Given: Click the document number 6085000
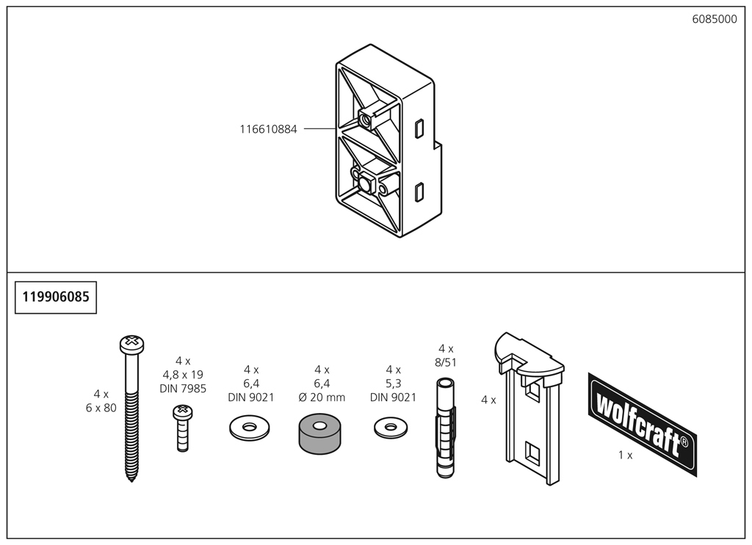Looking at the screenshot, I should click(714, 20).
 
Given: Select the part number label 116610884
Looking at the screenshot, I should click(268, 129).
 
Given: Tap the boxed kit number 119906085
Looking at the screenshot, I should click(56, 297).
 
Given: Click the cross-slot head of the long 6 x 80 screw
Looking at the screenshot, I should click(131, 342).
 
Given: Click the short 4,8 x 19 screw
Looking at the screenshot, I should click(182, 428).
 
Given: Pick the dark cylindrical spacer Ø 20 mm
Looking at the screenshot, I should click(321, 432).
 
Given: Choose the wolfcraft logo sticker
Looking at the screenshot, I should click(642, 423).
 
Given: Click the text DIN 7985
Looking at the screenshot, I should click(183, 388).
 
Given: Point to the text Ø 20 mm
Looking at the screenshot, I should click(321, 398).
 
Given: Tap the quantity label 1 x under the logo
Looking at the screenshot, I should click(625, 455).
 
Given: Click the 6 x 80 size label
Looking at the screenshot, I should click(101, 408).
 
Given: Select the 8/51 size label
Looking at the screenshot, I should click(446, 362).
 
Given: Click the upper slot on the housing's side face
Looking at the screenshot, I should click(419, 129).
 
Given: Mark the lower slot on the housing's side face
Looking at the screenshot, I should click(419, 192).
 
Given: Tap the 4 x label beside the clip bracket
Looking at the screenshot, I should click(488, 400).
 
